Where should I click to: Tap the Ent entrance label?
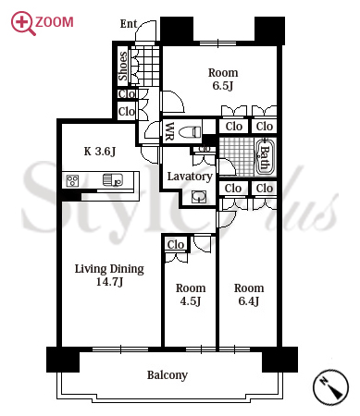(x=129, y=24)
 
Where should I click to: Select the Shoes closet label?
(x=123, y=66)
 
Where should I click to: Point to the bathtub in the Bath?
(x=264, y=157)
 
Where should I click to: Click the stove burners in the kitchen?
(x=72, y=181)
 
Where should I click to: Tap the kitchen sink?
(x=113, y=180)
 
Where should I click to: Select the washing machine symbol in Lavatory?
(x=199, y=197)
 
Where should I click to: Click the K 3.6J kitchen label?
(x=100, y=152)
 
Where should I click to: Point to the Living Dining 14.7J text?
(x=109, y=275)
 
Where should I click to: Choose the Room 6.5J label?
(x=223, y=80)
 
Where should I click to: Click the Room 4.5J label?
(x=191, y=294)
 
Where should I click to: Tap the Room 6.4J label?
(x=249, y=294)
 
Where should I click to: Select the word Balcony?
(x=168, y=375)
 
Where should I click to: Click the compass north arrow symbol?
(x=330, y=386)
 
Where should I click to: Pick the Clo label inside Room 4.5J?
(x=176, y=245)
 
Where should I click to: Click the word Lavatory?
(x=190, y=177)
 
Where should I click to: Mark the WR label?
(x=169, y=131)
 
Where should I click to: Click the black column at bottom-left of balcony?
(x=63, y=360)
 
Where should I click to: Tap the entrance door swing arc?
(x=145, y=27)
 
